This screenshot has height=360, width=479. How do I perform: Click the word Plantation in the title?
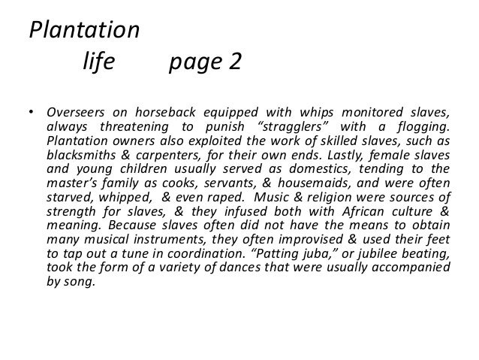pyautogui.click(x=83, y=32)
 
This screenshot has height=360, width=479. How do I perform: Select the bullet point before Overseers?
pyautogui.click(x=32, y=114)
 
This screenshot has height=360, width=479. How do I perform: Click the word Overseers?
pyautogui.click(x=75, y=113)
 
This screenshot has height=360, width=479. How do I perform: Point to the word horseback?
pyautogui.click(x=164, y=113)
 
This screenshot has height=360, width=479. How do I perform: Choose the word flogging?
pyautogui.click(x=426, y=127)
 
